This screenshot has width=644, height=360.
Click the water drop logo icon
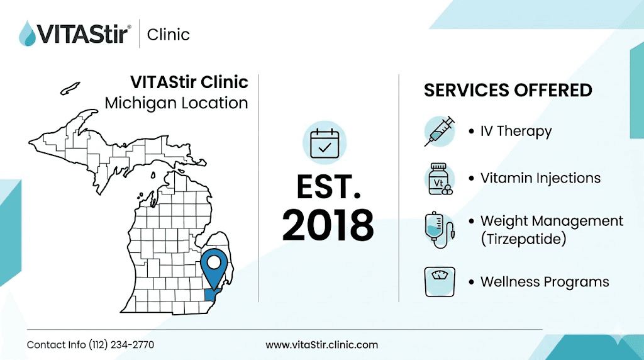coord(27,33)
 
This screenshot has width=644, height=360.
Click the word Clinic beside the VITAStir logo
coord(168,34)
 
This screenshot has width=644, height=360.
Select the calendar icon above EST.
coord(324,143)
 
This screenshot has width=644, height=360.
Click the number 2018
coord(328,225)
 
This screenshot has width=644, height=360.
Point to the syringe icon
coord(439,131)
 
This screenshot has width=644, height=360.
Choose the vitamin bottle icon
coord(439,179)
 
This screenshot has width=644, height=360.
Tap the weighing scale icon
coord(439,281)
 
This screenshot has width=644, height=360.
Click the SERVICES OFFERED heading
coord(508,91)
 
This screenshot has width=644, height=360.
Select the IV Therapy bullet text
coord(516,132)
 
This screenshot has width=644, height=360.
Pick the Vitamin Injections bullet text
coord(540,178)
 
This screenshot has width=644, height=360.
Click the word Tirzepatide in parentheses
coord(526,240)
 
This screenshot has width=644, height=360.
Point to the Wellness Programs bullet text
coord(545,281)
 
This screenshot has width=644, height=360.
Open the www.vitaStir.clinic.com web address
coord(321,345)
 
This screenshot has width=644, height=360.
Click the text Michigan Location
coord(176,103)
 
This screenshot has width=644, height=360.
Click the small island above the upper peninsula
coord(70,88)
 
